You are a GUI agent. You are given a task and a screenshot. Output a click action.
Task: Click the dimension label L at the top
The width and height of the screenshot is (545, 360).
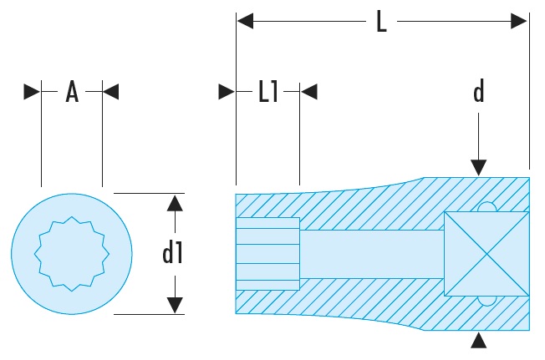point(381,21)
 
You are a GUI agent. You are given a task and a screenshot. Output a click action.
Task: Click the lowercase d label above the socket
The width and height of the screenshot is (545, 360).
point(479,92)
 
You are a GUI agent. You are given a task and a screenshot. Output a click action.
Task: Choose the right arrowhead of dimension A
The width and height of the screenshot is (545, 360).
point(110,91)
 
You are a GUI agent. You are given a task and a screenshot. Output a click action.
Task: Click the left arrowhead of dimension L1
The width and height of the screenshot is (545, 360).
point(227,91)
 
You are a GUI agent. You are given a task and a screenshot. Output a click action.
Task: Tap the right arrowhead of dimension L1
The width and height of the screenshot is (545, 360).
point(308,91)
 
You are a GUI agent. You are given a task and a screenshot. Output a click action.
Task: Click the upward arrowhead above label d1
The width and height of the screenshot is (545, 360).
point(173,202)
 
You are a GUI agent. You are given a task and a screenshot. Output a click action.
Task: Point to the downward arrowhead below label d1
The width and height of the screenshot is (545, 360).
point(173,305)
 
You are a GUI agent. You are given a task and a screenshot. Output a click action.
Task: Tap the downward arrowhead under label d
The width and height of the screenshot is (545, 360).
point(479,166)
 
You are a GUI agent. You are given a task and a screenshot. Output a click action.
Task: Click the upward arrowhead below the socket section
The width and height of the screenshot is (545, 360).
point(479,339)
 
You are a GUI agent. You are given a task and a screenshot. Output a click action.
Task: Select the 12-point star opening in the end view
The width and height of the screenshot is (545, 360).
point(71,253)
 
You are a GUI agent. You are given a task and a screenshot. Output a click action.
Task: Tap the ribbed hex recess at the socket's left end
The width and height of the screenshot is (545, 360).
point(267,253)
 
